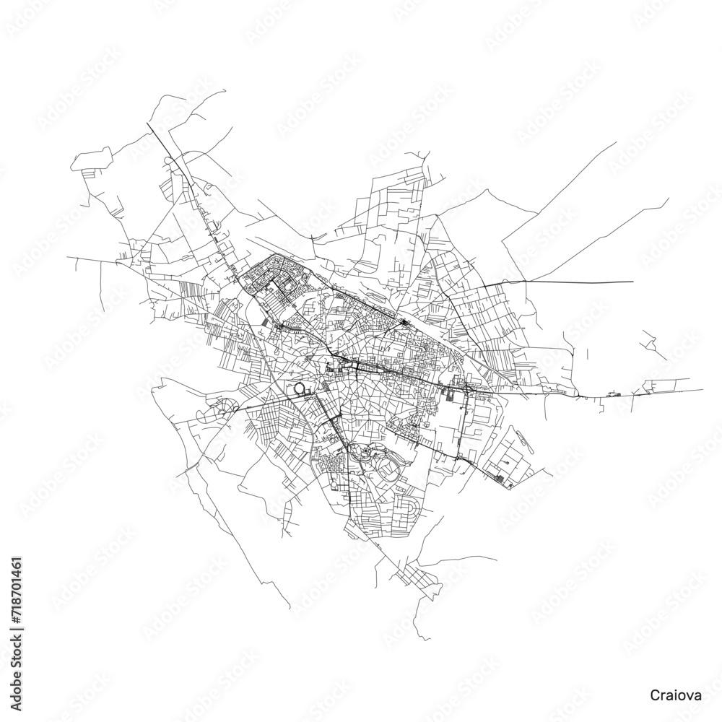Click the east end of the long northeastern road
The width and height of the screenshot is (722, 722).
point(632,282)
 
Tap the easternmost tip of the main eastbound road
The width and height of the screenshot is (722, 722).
point(703,390)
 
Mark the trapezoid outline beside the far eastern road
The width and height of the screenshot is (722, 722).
point(661,383)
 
